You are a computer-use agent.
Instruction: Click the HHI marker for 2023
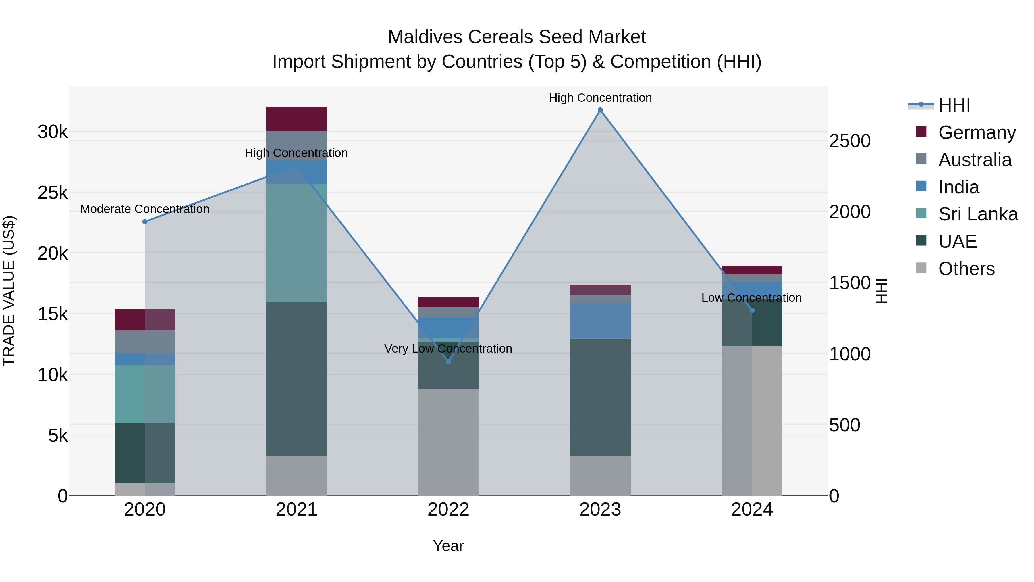(x=600, y=110)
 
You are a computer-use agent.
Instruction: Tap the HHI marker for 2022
(x=448, y=362)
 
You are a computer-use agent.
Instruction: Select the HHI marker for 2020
(x=145, y=222)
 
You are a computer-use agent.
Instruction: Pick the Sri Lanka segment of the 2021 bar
(x=297, y=243)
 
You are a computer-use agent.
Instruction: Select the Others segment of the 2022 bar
(x=448, y=442)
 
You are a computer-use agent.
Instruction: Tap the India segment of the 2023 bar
(x=600, y=320)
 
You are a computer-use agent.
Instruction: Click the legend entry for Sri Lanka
(x=978, y=214)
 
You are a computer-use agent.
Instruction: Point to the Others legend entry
(x=966, y=269)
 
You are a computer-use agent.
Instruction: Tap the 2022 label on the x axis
(x=448, y=510)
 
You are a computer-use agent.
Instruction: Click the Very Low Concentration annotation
(x=448, y=349)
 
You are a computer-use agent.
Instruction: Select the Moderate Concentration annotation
(x=145, y=209)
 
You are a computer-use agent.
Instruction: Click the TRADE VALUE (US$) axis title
(x=9, y=291)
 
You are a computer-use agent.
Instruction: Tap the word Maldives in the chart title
(x=425, y=37)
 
